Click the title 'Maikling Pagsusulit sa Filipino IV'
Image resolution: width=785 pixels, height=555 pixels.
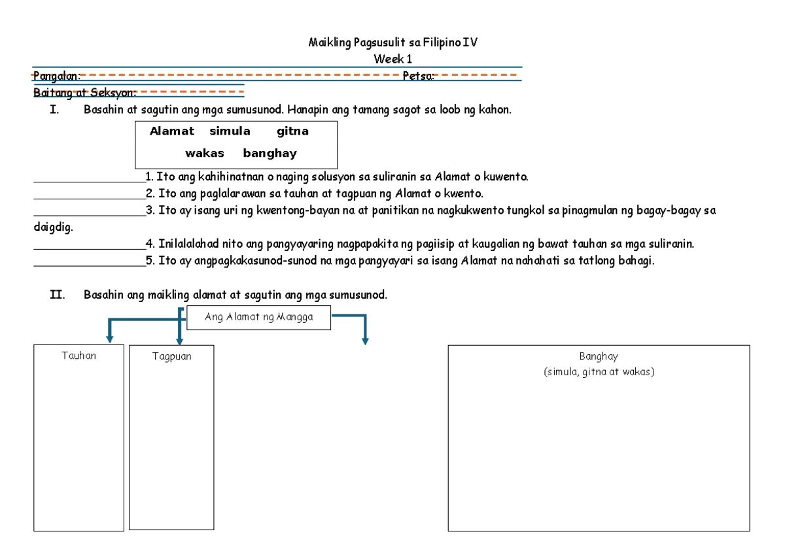[x=392, y=43]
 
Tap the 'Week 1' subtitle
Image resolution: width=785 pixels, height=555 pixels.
[x=392, y=59]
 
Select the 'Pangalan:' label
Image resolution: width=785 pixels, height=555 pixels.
[x=57, y=76]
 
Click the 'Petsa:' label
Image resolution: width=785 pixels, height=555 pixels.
[x=419, y=76]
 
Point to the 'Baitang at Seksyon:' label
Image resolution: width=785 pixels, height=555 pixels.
[x=85, y=92]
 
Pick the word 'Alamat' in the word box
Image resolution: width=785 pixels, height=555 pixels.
[x=172, y=131]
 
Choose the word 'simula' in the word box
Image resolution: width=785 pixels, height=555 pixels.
[x=230, y=131]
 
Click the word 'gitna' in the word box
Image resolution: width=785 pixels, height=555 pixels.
[x=292, y=131]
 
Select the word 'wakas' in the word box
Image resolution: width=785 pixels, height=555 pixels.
[x=205, y=154]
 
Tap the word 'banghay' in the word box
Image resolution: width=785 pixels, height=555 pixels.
[x=270, y=154]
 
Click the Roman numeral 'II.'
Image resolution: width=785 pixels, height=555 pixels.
[x=58, y=295]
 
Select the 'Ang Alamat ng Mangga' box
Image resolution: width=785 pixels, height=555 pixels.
[x=259, y=318]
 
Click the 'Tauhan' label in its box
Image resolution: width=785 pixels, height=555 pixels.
[x=78, y=356]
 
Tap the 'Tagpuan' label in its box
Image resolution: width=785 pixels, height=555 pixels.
[x=171, y=356]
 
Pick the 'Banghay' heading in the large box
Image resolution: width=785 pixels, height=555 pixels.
[x=598, y=356]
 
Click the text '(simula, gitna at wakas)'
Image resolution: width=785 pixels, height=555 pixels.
[x=598, y=372]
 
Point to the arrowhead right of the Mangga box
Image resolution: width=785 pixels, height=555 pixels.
[x=365, y=340]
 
